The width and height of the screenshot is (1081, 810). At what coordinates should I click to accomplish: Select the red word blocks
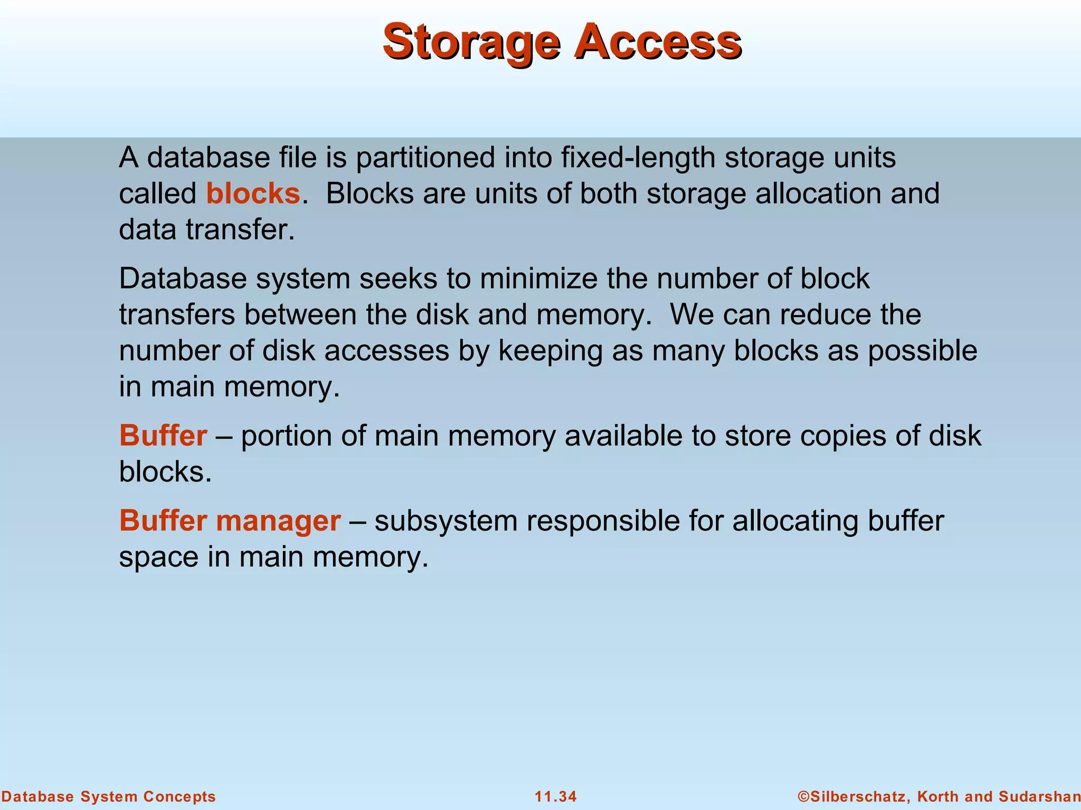coord(253,194)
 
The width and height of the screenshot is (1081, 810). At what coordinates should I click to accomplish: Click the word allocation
coord(819,194)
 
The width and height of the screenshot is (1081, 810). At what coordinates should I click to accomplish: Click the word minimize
coord(538,278)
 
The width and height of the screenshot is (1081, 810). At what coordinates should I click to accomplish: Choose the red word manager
coord(278,522)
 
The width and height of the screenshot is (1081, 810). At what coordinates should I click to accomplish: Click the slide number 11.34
coord(556,796)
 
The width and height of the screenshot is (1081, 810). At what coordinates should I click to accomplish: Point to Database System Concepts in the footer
coord(109,796)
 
